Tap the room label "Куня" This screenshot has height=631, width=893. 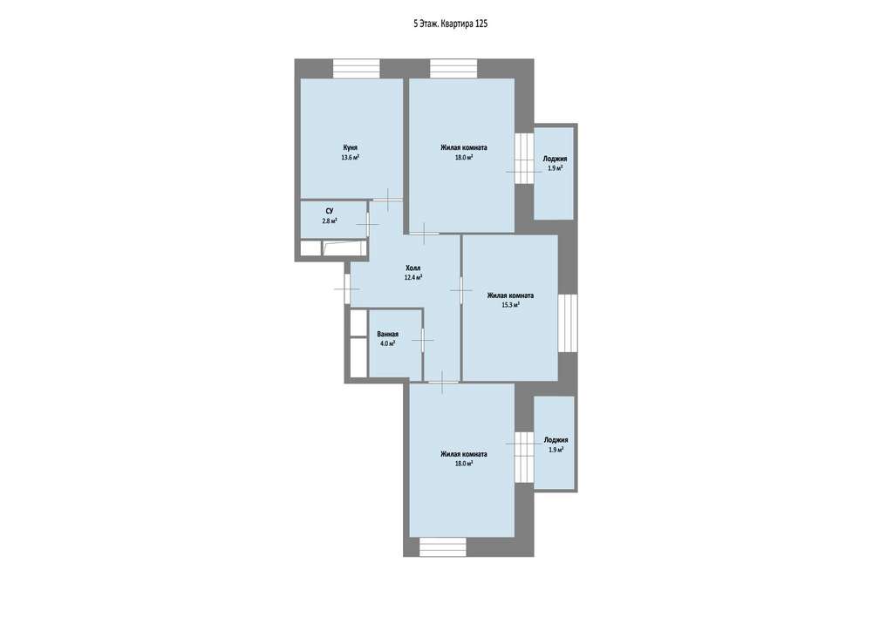pyautogui.click(x=351, y=147)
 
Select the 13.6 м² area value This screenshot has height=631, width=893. pyautogui.click(x=351, y=158)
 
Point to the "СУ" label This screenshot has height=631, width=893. pyautogui.click(x=330, y=211)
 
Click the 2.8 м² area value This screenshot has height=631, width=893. pyautogui.click(x=330, y=221)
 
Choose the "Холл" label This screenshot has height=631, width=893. pyautogui.click(x=413, y=268)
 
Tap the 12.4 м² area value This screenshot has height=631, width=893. pyautogui.click(x=413, y=278)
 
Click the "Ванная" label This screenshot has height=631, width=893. pyautogui.click(x=388, y=334)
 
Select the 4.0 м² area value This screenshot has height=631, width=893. pyautogui.click(x=388, y=343)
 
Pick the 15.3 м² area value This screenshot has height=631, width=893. pyautogui.click(x=510, y=305)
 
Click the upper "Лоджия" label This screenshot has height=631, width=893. pyautogui.click(x=555, y=159)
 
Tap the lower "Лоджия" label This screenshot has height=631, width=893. pyautogui.click(x=556, y=440)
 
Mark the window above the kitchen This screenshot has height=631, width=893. pyautogui.click(x=357, y=68)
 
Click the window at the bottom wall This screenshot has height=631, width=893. pyautogui.click(x=443, y=547)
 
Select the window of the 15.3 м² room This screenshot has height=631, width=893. pyautogui.click(x=567, y=323)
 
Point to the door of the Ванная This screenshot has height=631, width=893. pyautogui.click(x=423, y=340)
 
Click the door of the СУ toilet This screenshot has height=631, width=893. pyautogui.click(x=368, y=224)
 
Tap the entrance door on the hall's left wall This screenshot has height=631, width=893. pyautogui.click(x=347, y=288)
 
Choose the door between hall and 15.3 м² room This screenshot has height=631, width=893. pyautogui.click(x=460, y=290)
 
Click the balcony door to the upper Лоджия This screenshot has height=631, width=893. pyautogui.click(x=524, y=158)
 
